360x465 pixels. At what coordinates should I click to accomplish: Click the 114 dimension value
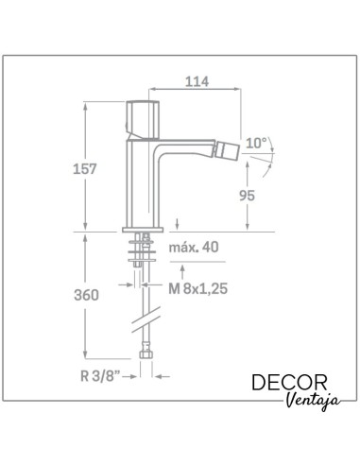(x=197, y=81)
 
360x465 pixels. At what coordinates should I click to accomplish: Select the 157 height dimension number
(x=84, y=169)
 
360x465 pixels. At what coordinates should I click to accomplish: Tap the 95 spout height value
(x=247, y=196)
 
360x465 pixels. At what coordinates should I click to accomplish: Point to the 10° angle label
(x=256, y=144)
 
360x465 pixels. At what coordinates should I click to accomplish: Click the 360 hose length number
(x=86, y=295)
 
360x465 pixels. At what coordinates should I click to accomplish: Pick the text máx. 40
(x=194, y=248)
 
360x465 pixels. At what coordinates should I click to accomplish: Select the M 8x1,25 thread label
(x=197, y=288)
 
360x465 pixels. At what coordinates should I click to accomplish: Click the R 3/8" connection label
(x=100, y=376)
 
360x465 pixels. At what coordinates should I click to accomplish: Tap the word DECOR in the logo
(x=289, y=383)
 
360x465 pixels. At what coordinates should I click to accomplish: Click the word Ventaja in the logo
(x=314, y=401)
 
